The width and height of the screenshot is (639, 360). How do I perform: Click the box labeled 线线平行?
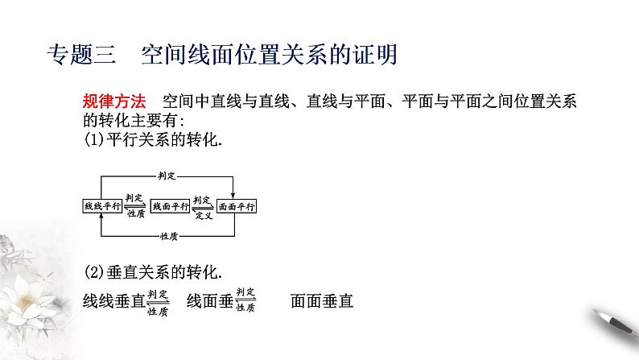pos(101,206)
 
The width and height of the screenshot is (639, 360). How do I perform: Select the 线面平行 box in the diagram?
pos(169,206)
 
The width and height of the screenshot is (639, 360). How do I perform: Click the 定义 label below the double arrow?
pos(202,213)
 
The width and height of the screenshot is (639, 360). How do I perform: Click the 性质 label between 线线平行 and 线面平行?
pos(134,213)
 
